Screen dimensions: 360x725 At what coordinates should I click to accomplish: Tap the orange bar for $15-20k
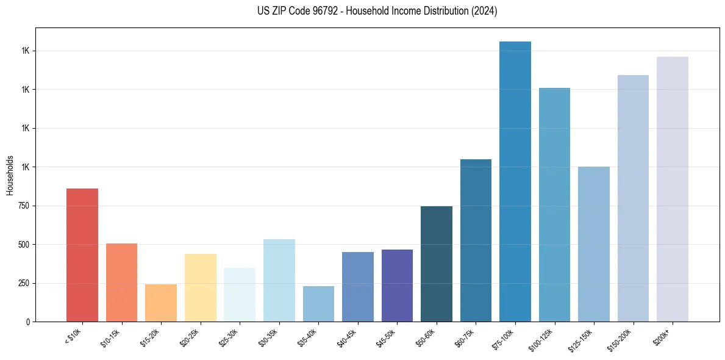(161, 303)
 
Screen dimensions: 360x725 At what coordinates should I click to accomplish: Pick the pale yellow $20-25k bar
(201, 287)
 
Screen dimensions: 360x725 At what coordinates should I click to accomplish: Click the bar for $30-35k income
(279, 280)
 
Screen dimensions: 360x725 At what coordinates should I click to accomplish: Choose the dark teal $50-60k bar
(437, 264)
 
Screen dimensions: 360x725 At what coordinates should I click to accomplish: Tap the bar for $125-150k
(594, 244)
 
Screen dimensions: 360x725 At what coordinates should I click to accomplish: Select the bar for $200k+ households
(673, 189)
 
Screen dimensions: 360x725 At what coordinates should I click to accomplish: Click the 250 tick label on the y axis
(23, 283)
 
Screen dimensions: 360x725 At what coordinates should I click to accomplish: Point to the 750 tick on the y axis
(23, 206)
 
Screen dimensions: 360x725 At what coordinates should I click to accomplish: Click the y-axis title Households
(10, 175)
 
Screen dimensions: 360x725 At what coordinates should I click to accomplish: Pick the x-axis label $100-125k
(543, 339)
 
